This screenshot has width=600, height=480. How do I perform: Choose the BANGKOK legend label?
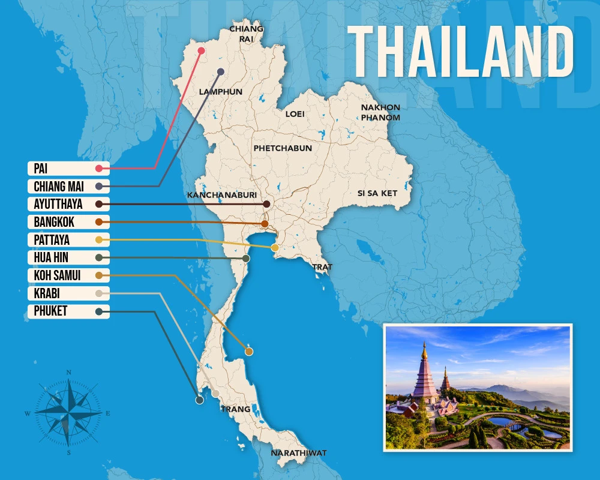[x=55, y=222]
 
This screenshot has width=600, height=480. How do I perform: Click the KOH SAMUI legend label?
[x=58, y=275]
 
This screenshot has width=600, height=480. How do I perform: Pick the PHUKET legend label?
[x=51, y=311]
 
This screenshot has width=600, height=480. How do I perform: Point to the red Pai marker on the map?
[x=202, y=51]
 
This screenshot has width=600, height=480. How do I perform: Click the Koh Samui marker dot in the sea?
[x=249, y=351]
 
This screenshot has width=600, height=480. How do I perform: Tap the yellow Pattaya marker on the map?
[x=275, y=248]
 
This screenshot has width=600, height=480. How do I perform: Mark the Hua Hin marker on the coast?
[x=246, y=258]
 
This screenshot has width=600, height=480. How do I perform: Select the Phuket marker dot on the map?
[x=199, y=400]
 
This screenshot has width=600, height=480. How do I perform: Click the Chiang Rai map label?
[x=246, y=34]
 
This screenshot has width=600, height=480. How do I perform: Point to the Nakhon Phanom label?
[x=380, y=112]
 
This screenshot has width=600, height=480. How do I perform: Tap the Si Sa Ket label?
[x=377, y=193]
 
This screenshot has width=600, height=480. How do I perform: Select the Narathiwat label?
[x=298, y=453]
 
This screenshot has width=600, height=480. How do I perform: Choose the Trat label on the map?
[x=322, y=266]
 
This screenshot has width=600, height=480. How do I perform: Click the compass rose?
[x=69, y=412]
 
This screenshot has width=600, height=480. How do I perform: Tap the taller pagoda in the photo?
[x=424, y=375]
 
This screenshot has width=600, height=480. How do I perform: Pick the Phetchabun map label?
[x=283, y=148]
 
